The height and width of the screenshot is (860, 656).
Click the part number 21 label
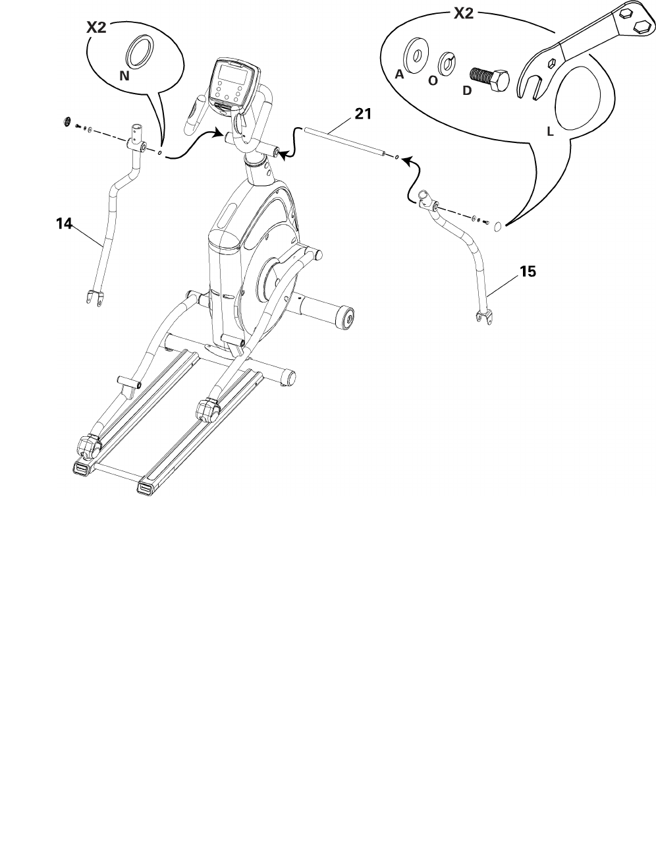click(363, 114)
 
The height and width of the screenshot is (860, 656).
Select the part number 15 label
click(528, 271)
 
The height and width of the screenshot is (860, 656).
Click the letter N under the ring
click(124, 77)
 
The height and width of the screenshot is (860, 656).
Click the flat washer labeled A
click(417, 52)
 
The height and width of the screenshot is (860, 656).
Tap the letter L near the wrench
click(551, 132)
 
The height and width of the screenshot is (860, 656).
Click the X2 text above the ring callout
click(97, 28)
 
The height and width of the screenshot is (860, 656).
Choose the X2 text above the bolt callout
click(464, 13)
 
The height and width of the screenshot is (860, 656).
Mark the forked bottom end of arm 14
click(94, 297)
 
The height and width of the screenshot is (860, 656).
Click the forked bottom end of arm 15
click(484, 318)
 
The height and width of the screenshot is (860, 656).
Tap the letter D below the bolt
click(466, 91)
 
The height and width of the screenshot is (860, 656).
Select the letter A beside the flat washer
click(399, 75)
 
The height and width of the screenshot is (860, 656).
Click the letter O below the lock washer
click(433, 81)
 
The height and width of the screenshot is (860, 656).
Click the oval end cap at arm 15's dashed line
click(499, 227)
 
